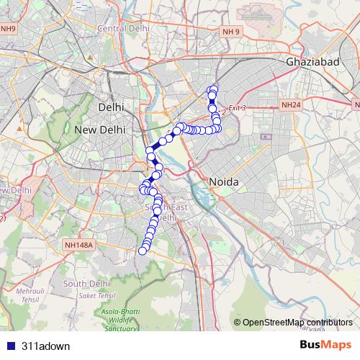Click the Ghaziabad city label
pos(312,63)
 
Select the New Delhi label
pos(101,129)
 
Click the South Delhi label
pos(86,283)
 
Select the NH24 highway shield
pos(291,105)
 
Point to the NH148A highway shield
pos(78,245)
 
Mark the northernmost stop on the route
pos(212,89)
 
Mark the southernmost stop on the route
pos(142,251)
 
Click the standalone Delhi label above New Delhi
pos(111,107)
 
